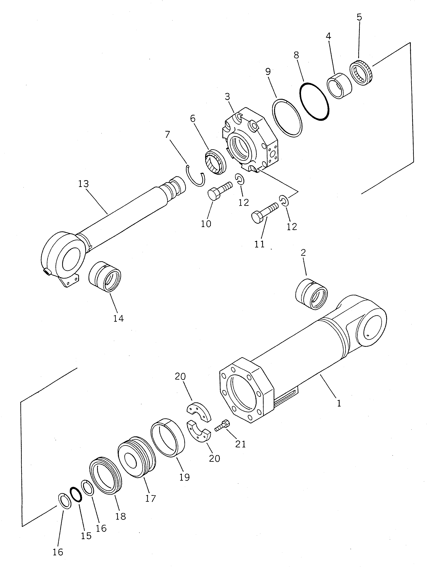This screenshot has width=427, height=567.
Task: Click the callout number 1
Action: click(x=339, y=404)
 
